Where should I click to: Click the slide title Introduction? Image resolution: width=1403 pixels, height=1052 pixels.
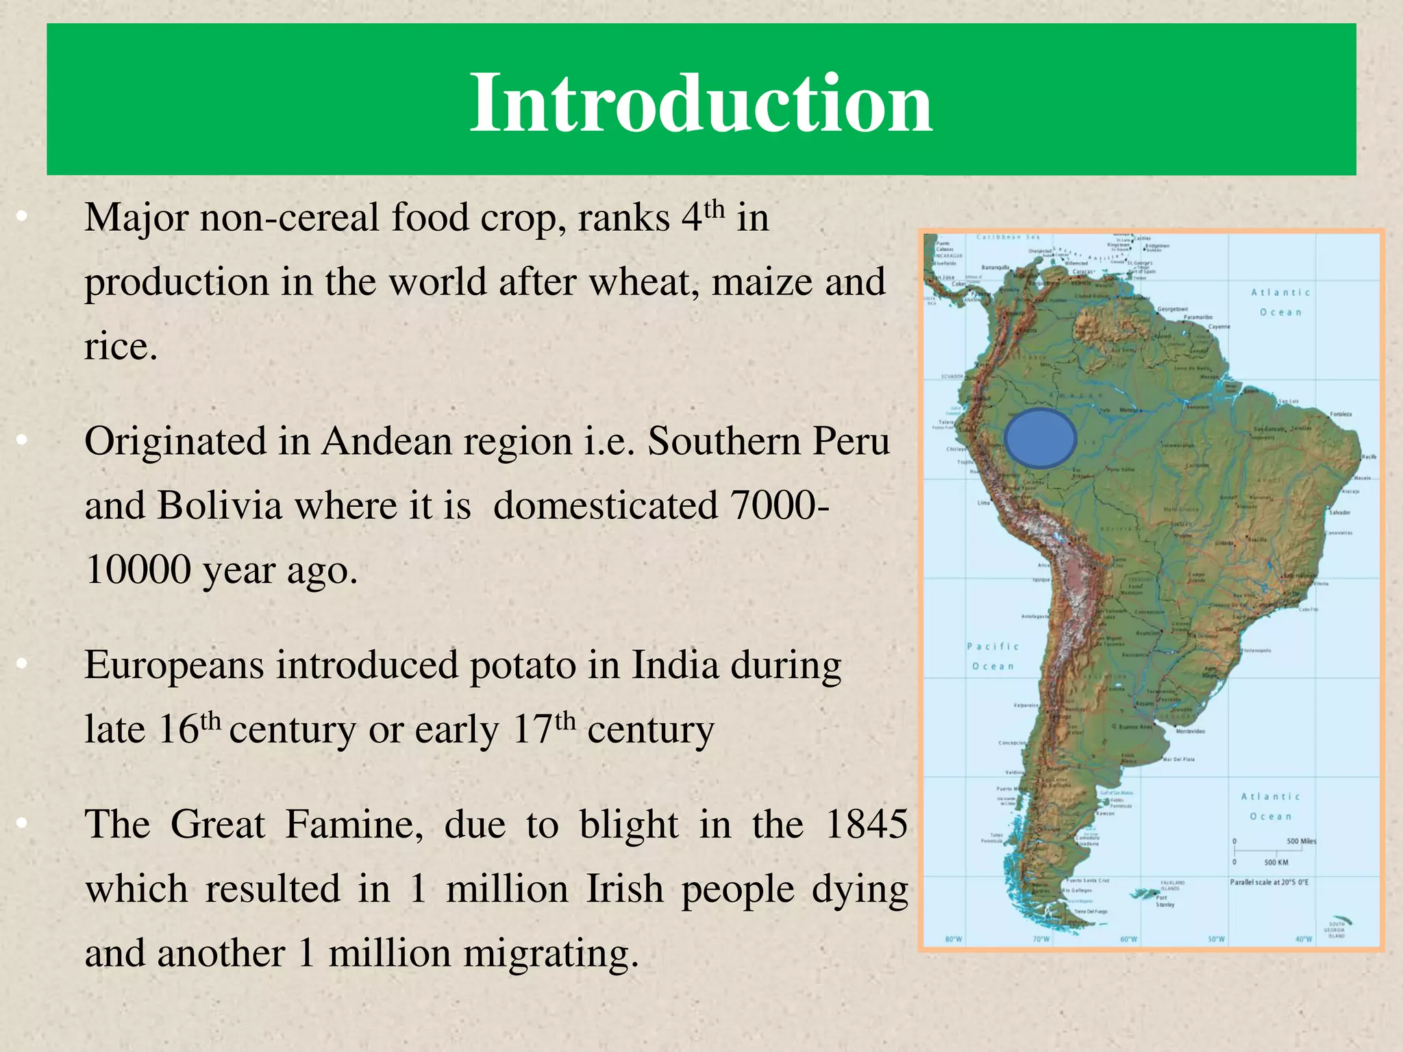[700, 103]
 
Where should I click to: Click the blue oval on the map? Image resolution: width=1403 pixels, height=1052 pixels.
[1040, 439]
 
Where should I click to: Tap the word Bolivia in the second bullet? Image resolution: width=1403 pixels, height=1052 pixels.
[219, 505]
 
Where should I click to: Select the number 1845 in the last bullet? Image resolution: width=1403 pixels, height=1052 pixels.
[867, 823]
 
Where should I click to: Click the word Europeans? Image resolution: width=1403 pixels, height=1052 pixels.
[174, 665]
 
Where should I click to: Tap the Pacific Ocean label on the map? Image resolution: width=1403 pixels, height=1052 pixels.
[993, 656]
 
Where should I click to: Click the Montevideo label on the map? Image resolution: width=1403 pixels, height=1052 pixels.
[1190, 731]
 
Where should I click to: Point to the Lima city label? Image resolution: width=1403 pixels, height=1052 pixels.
[983, 503]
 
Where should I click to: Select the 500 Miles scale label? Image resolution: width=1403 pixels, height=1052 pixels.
[1301, 841]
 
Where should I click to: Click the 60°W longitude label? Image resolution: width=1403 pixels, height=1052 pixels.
[1128, 939]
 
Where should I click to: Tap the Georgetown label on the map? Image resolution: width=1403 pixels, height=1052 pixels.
[1172, 310]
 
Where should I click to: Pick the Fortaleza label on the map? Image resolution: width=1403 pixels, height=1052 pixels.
[1341, 414]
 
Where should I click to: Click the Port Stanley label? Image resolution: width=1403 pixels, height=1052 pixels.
[1165, 901]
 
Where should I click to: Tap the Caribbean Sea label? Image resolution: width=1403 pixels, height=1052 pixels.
[1008, 238]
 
